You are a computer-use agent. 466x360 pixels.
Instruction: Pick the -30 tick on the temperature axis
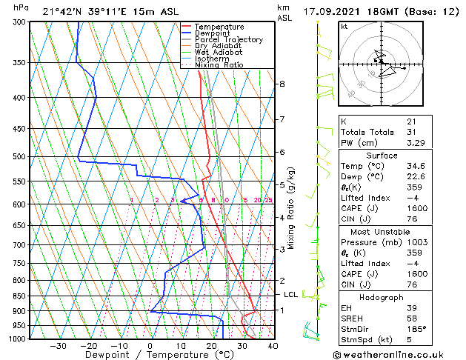57,345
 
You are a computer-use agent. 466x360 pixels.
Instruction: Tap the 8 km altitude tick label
282,84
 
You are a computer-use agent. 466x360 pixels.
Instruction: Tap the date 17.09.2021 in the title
333,12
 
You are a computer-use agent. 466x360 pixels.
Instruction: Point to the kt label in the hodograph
344,27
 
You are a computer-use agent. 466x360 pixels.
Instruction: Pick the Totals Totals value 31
411,132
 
